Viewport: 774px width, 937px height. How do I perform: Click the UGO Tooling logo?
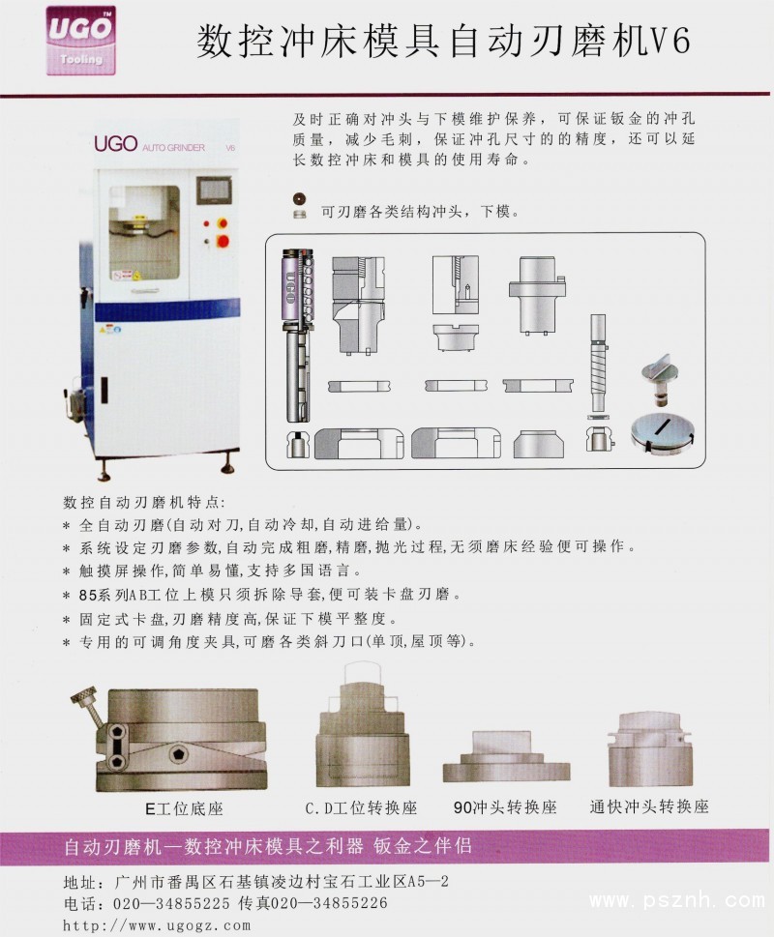click(x=81, y=41)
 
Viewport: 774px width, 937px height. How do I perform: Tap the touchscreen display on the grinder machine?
click(x=214, y=190)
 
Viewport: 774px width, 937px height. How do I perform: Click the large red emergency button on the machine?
click(x=223, y=242)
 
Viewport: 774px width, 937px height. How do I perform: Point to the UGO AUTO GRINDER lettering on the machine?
click(x=164, y=144)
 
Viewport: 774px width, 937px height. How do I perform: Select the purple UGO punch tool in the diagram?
click(x=297, y=336)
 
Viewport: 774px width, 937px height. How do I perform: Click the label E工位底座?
click(x=184, y=808)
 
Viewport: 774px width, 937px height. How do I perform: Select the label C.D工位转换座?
click(x=361, y=808)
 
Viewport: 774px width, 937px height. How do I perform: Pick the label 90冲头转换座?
click(x=505, y=807)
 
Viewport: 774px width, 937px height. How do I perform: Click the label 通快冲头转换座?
click(x=649, y=806)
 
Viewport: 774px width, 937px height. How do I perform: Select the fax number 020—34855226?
click(x=329, y=902)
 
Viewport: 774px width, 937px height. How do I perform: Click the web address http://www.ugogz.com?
click(x=157, y=925)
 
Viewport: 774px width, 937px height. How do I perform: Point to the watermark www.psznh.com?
click(x=676, y=900)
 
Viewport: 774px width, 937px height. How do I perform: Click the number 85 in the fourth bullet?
click(x=88, y=596)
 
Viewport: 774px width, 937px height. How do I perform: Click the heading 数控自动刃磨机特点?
click(x=143, y=502)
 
